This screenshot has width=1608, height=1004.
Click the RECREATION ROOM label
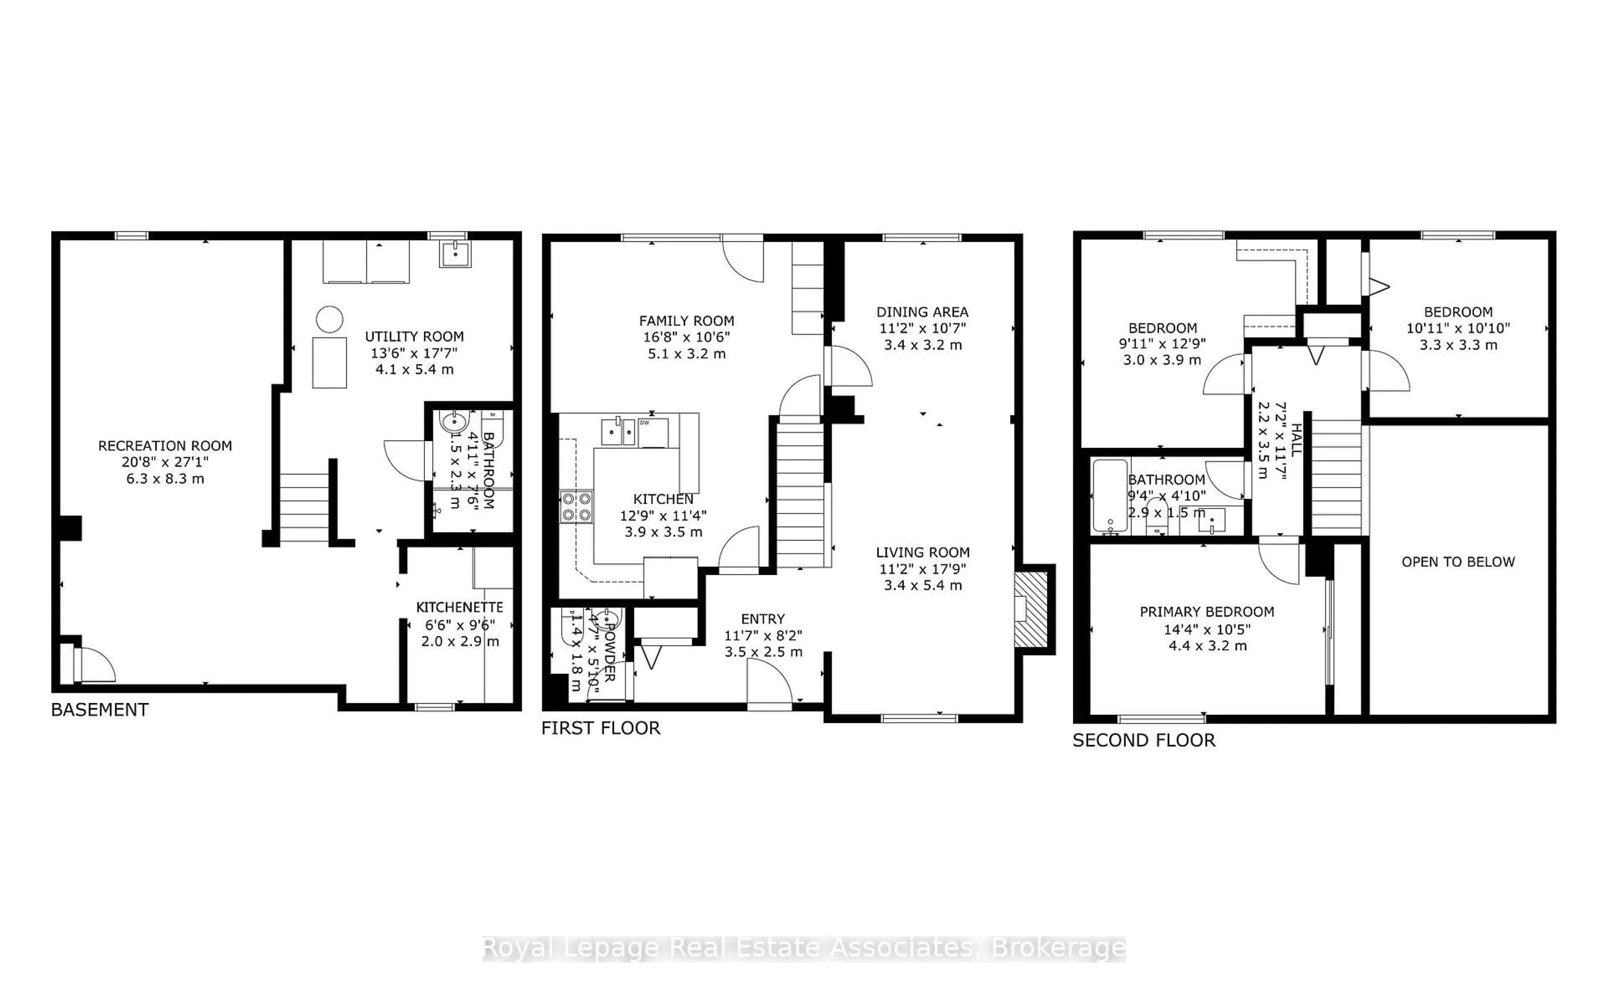click(x=165, y=446)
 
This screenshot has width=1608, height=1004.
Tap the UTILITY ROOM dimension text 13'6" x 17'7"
click(x=414, y=353)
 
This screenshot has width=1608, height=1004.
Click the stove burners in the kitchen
click(x=576, y=506)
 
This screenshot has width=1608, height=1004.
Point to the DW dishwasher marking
click(x=644, y=423)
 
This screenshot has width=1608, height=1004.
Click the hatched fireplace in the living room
click(x=1030, y=609)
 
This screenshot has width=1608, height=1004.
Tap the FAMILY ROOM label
click(x=686, y=321)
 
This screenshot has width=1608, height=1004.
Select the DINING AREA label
click(x=922, y=311)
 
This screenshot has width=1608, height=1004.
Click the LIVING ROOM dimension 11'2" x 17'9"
click(x=922, y=569)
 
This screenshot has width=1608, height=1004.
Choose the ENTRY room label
click(x=763, y=618)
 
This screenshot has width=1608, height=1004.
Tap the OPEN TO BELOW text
click(x=1458, y=562)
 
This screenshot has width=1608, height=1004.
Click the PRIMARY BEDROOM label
click(x=1207, y=612)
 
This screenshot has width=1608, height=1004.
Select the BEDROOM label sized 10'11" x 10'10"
click(x=1458, y=311)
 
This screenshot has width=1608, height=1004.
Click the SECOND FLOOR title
click(x=1144, y=740)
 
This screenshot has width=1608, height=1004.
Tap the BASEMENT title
click(x=100, y=710)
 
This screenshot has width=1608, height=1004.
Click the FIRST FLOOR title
click(x=600, y=728)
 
